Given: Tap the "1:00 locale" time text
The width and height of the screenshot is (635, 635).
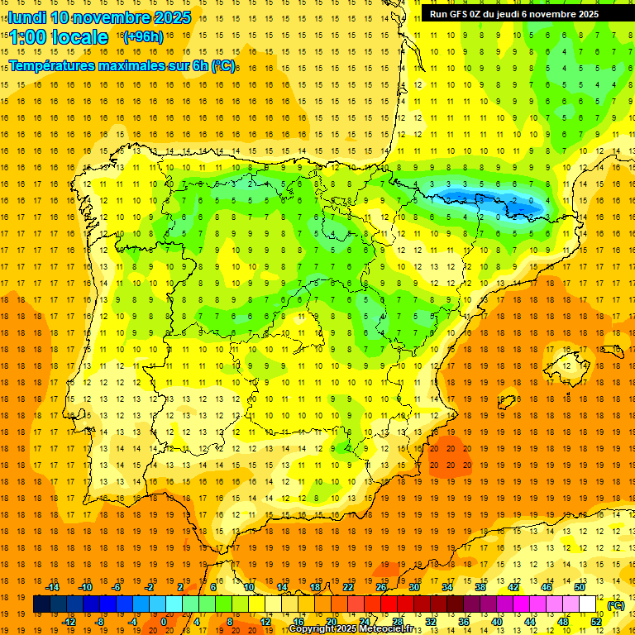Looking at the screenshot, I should click(x=59, y=37).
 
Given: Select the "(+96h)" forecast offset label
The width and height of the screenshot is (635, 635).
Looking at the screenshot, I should click(x=142, y=36).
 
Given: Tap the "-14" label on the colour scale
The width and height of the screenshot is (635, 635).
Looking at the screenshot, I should click(x=52, y=586).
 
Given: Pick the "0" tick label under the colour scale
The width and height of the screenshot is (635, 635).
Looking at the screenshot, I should click(x=164, y=622).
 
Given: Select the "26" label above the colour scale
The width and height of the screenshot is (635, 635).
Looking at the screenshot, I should click(x=381, y=586).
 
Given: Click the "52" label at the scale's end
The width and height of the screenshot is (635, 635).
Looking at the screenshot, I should click(x=595, y=622).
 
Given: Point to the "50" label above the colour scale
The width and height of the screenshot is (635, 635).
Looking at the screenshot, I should click(x=579, y=586).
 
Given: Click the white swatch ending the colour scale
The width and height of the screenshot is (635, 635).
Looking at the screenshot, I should click(x=587, y=604).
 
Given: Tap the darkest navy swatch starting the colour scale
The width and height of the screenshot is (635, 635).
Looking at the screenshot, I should click(x=41, y=604).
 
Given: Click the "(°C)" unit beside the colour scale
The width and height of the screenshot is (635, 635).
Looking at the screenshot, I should click(x=615, y=605).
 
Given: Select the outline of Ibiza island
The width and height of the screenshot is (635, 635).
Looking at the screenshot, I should click(x=507, y=403).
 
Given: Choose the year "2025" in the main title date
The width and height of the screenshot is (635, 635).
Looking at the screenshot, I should click(x=173, y=17).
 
